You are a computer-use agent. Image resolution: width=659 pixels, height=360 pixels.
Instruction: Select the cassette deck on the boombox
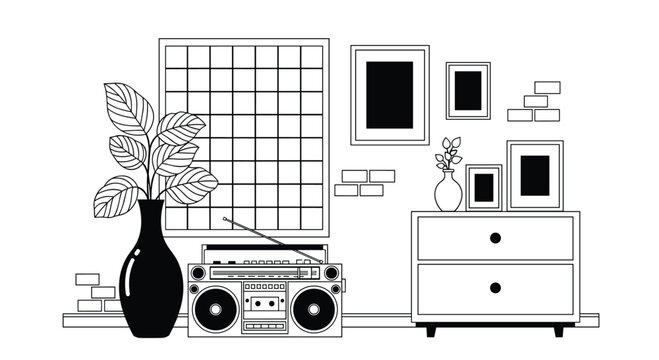tap(264, 301)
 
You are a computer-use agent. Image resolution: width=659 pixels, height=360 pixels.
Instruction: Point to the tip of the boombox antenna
tap(224, 218)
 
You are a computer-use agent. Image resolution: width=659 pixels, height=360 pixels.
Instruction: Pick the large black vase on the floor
tap(151, 275)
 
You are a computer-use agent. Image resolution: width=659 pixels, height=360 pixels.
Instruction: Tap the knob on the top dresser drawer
tap(495, 238)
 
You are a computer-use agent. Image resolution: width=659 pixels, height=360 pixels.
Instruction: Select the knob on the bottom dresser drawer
tap(495, 288)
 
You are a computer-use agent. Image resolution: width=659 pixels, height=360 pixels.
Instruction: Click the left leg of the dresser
tap(431, 328)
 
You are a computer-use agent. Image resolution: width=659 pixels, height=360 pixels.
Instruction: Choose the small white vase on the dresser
tap(448, 191)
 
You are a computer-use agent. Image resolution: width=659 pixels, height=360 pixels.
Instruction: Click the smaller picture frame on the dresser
tap(484, 188)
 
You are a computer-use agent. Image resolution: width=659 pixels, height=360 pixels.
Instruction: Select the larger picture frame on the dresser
tap(535, 176)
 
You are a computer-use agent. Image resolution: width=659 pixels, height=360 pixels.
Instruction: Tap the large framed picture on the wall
tap(389, 95)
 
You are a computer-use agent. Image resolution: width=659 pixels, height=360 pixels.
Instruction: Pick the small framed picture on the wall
tap(468, 91)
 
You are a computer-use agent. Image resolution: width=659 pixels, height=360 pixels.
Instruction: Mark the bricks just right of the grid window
tap(362, 182)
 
